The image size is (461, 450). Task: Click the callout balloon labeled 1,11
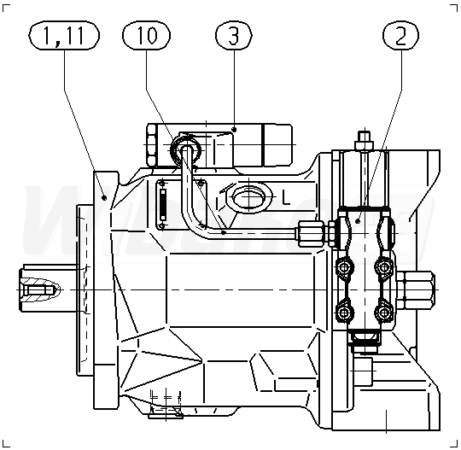coord(64,35)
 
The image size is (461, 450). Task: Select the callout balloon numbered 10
coord(146,35)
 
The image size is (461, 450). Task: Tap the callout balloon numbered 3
coord(234,35)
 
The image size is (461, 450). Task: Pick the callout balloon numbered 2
coord(400,35)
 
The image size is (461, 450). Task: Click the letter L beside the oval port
coord(286,196)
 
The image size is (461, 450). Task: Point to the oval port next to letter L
coord(249,196)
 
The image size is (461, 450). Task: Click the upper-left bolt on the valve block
coord(343,267)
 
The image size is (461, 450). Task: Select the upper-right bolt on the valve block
coord(384,267)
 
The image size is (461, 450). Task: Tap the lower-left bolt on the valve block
coord(343,313)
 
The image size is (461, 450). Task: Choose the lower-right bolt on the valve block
coord(384,313)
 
